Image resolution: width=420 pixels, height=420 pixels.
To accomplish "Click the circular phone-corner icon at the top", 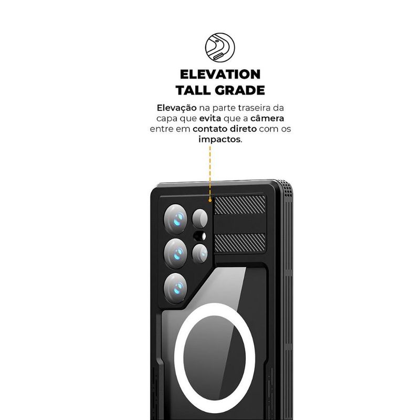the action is tap(220, 48).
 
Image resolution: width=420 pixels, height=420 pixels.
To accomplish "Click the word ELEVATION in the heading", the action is tap(220, 75).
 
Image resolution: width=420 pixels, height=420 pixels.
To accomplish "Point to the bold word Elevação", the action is tap(177, 108).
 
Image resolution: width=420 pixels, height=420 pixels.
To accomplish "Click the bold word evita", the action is tap(211, 119).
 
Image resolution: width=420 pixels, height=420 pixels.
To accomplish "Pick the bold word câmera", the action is tap(267, 118).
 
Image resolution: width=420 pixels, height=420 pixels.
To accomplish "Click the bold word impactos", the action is tap(219, 140).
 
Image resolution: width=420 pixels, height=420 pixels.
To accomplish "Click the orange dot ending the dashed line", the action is tap(210, 200).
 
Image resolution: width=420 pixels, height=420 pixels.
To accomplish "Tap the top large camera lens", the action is tap(176, 219).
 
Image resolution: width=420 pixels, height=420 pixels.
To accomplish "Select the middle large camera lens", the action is tap(176, 253).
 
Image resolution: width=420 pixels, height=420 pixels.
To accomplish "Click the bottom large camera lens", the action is tap(176, 288).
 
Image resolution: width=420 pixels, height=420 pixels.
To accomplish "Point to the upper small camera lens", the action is tap(200, 218).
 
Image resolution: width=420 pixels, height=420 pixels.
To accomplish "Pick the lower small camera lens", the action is tap(200, 253).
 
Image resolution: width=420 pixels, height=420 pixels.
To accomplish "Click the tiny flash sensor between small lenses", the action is tap(200, 236).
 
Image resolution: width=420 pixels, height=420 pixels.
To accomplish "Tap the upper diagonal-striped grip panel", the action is tap(240, 205).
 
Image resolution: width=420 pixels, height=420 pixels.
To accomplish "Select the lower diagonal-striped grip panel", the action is tap(240, 243).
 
